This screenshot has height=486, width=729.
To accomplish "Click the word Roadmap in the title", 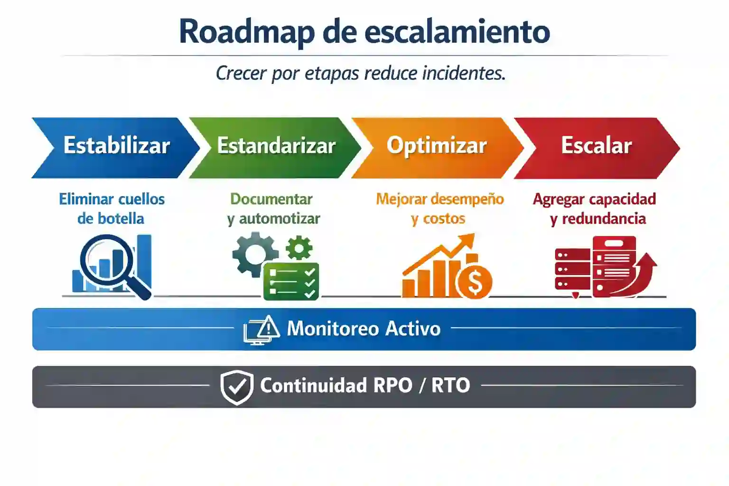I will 246,32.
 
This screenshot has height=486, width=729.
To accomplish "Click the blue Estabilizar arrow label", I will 117,146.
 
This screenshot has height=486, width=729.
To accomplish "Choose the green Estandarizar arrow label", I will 276,146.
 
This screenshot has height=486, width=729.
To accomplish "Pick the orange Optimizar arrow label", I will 437,146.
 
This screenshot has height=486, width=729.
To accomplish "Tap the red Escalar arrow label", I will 596,146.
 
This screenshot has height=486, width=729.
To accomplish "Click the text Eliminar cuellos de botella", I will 112,208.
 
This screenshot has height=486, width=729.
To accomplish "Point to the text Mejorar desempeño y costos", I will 439,208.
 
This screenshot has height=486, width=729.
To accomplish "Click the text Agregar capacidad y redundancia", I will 595,208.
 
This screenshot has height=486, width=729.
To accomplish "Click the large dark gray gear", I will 254,253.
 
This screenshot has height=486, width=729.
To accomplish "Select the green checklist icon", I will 291,281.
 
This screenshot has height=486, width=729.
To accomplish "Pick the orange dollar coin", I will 474,282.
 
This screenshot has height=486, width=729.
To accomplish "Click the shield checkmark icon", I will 237,387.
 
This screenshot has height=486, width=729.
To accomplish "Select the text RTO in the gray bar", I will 450,385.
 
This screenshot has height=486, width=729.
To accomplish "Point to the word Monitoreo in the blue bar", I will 332,328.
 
